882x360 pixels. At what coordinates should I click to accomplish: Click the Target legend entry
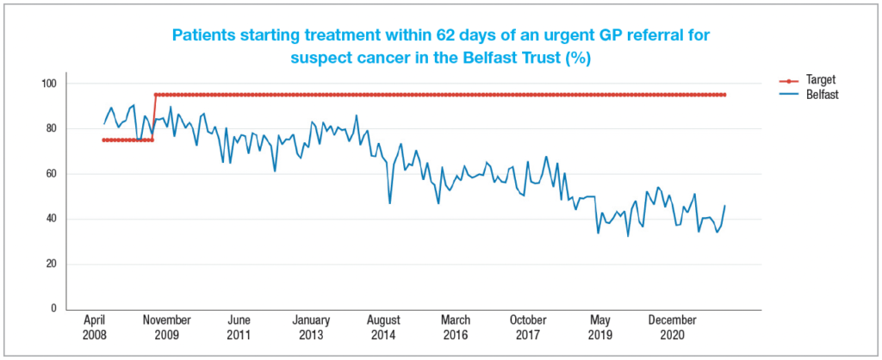pyautogui.click(x=811, y=78)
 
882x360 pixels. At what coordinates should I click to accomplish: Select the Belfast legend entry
pyautogui.click(x=815, y=95)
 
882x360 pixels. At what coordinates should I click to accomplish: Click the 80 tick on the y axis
pyautogui.click(x=49, y=129)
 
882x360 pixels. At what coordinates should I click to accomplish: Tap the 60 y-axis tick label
pyautogui.click(x=49, y=174)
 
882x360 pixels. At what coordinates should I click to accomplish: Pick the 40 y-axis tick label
pyautogui.click(x=49, y=219)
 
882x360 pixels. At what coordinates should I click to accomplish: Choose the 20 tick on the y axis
pyautogui.click(x=49, y=264)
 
